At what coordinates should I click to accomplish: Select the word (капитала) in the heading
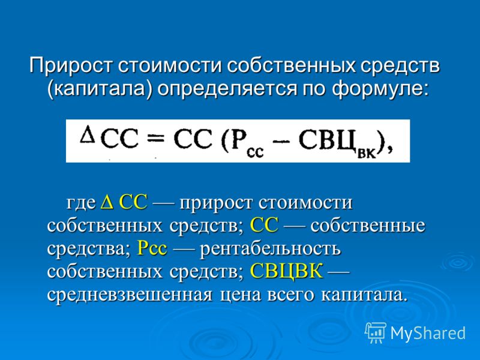[x=100, y=89]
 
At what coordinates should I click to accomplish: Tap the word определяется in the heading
[x=228, y=89]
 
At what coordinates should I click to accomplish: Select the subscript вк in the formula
[x=367, y=153]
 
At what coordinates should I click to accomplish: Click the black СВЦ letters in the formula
[x=327, y=140]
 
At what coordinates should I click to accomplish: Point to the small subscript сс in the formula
[x=255, y=152]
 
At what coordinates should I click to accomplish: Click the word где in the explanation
[x=81, y=203]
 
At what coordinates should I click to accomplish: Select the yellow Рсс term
[x=152, y=248]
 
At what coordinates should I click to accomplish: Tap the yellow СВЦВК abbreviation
[x=287, y=271]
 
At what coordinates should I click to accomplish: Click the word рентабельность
[x=271, y=248]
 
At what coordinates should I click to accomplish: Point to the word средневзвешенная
[x=130, y=295]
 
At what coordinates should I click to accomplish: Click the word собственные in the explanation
[x=368, y=226]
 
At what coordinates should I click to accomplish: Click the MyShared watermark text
[x=428, y=333]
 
